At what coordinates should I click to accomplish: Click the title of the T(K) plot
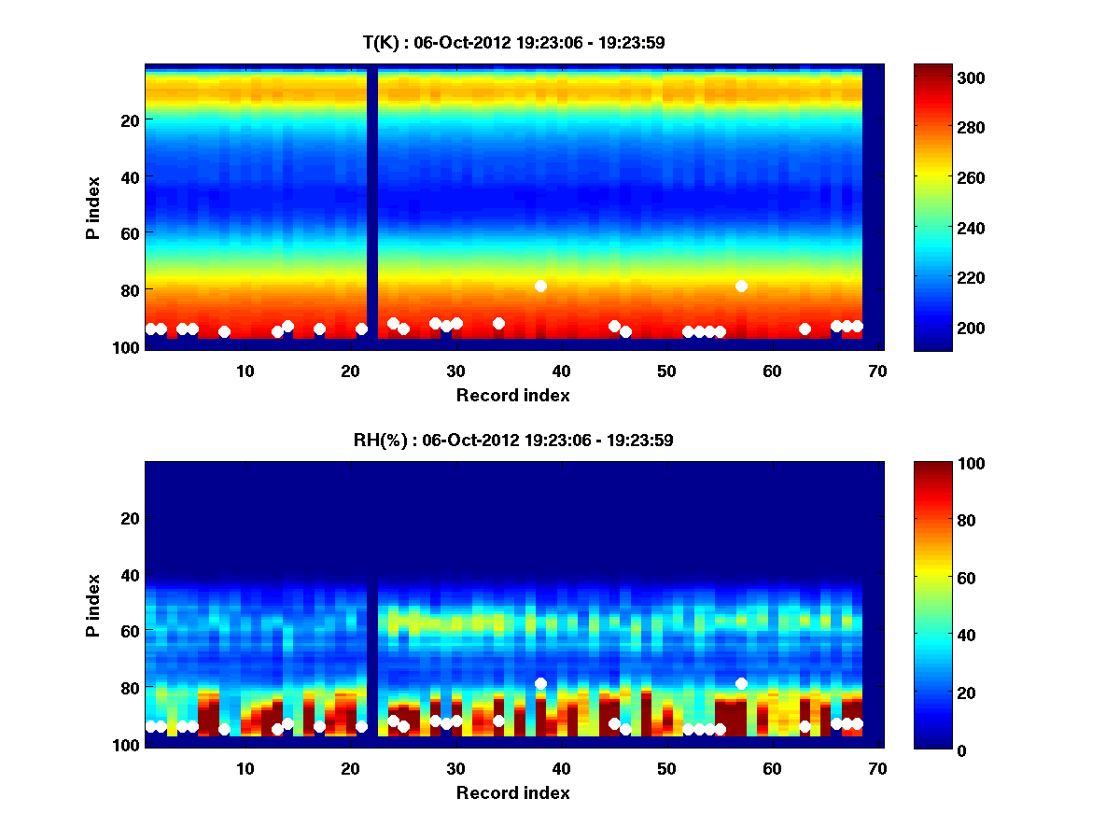[x=512, y=42]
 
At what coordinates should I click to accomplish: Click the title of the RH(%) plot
[x=512, y=440]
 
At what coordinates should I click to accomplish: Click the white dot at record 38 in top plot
[x=540, y=286]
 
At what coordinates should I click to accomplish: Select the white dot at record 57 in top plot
[x=741, y=286]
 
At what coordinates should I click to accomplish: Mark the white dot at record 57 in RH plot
[x=741, y=683]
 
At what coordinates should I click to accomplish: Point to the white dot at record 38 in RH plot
[x=540, y=683]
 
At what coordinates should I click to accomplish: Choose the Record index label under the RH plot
[x=512, y=792]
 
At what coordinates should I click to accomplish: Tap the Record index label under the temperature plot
[x=512, y=395]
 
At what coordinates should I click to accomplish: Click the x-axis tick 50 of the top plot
[x=666, y=371]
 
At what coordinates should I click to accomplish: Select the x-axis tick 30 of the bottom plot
[x=455, y=768]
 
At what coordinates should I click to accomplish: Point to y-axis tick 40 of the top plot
[x=129, y=176]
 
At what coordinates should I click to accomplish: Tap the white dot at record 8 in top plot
[x=224, y=331]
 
